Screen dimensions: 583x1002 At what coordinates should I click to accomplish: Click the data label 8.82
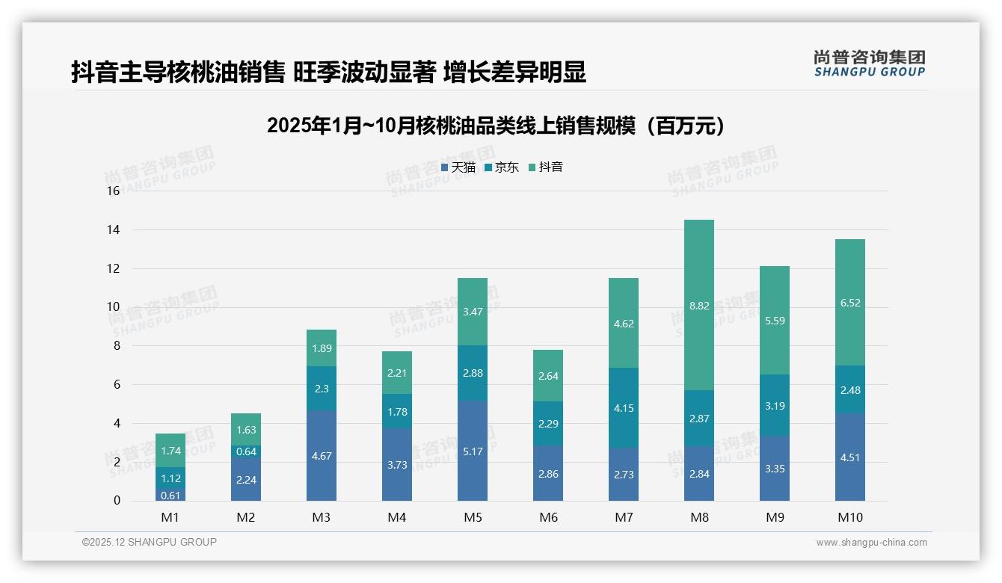pyautogui.click(x=698, y=305)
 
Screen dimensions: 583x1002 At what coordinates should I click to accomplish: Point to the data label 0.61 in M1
pyautogui.click(x=170, y=495)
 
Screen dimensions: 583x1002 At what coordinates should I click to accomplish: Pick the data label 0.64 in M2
pyautogui.click(x=246, y=451)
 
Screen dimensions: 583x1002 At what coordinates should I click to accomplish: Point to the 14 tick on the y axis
pyautogui.click(x=113, y=229)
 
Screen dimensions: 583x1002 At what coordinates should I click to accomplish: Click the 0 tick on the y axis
pyautogui.click(x=117, y=501)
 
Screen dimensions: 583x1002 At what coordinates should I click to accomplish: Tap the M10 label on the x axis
pyautogui.click(x=849, y=518)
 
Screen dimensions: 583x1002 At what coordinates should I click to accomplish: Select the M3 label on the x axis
pyautogui.click(x=322, y=518)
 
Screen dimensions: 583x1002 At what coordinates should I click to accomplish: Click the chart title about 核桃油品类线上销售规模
pyautogui.click(x=495, y=126)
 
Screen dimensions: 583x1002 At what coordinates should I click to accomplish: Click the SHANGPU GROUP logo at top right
pyautogui.click(x=869, y=64)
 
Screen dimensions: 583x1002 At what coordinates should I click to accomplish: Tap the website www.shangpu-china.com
pyautogui.click(x=871, y=543)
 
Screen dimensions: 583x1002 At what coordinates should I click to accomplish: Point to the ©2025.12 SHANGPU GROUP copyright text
pyautogui.click(x=150, y=542)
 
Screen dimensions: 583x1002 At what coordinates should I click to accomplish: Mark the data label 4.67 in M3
pyautogui.click(x=322, y=456)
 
